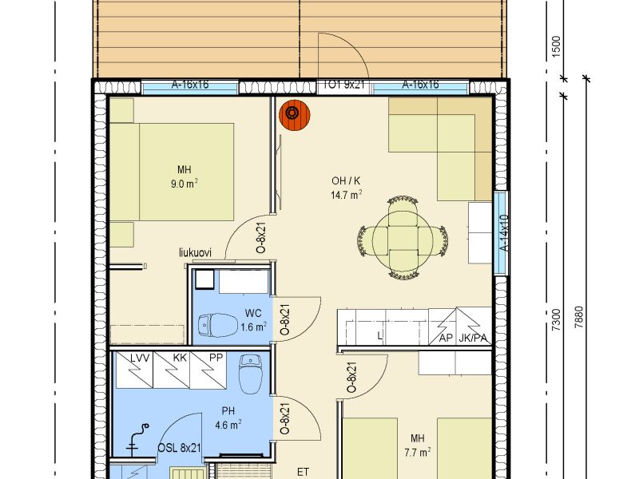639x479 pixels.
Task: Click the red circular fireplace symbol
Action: click(294, 114)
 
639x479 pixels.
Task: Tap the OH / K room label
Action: click(346, 181)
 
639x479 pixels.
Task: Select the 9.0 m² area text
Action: click(185, 184)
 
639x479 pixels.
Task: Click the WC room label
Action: click(253, 313)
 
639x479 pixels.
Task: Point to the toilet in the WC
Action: click(217, 325)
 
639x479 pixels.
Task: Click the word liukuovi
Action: click(195, 252)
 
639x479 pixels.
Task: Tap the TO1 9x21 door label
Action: click(343, 85)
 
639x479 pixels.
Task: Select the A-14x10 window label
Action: click(504, 233)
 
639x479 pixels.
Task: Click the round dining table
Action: click(403, 239)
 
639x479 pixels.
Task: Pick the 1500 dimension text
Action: click(556, 47)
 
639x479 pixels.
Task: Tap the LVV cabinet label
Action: click(140, 358)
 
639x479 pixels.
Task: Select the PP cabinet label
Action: click(216, 358)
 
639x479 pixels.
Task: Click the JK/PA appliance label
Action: click(473, 338)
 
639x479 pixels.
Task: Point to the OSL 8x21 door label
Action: click(179, 448)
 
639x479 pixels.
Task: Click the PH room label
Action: click(228, 410)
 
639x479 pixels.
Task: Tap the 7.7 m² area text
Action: click(418, 452)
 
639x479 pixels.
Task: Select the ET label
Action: click(303, 472)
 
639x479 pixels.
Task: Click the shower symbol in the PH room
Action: click(137, 439)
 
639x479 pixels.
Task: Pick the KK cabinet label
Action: click(180, 358)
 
